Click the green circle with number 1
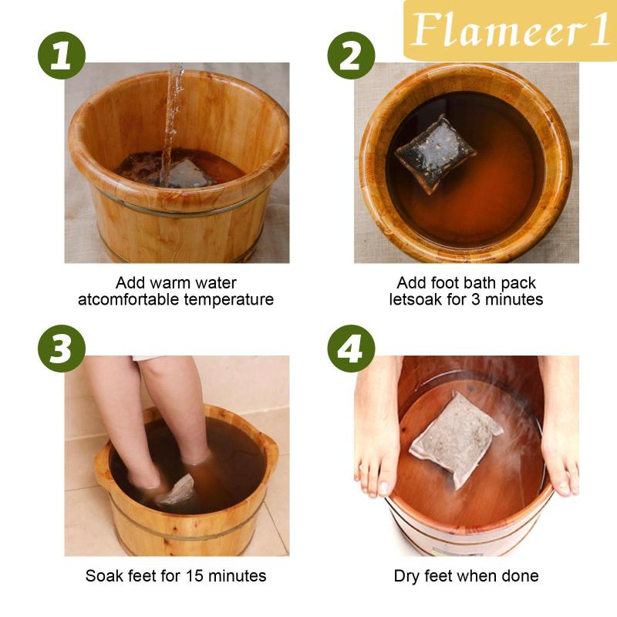click(x=62, y=56)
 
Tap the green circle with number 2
click(x=351, y=56)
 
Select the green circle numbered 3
click(x=62, y=349)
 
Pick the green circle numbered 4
click(x=351, y=349)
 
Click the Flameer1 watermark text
click(x=511, y=30)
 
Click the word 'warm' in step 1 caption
click(x=170, y=283)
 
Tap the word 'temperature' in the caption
click(x=229, y=300)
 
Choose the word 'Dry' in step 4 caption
click(x=406, y=576)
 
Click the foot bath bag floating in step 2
click(x=435, y=153)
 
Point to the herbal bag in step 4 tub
click(x=457, y=439)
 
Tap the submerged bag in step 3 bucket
click(x=177, y=492)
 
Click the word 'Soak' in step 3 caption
click(x=102, y=576)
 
